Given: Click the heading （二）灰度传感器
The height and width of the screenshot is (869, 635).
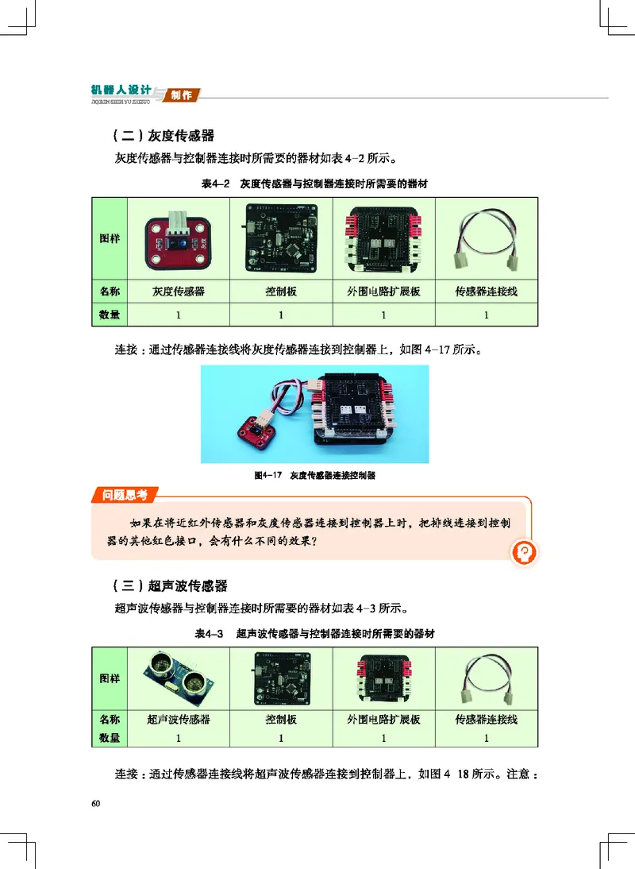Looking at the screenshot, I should (164, 136).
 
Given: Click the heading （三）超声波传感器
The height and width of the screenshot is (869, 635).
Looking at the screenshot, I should (170, 586).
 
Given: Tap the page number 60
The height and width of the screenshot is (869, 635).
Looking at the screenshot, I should (96, 804).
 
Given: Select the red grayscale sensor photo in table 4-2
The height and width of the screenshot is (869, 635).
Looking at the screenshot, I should (178, 238).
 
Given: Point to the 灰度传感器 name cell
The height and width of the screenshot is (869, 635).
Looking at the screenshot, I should (179, 292).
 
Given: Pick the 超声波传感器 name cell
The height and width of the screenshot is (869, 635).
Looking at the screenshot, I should (179, 720).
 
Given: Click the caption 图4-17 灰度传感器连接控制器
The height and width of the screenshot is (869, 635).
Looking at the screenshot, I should (314, 476).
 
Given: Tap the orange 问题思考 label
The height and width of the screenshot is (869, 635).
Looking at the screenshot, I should (125, 496).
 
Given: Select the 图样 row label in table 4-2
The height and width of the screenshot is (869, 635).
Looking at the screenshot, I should (110, 238).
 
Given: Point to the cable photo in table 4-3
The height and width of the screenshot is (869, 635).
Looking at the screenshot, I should (486, 677).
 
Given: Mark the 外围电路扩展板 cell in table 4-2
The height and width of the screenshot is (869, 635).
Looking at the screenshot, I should (383, 292).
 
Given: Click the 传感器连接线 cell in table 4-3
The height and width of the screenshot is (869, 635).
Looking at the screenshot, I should (486, 720).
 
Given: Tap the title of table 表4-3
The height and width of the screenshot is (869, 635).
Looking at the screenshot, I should (315, 634).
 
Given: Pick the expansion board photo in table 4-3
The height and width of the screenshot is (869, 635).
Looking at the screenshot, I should (383, 677).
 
